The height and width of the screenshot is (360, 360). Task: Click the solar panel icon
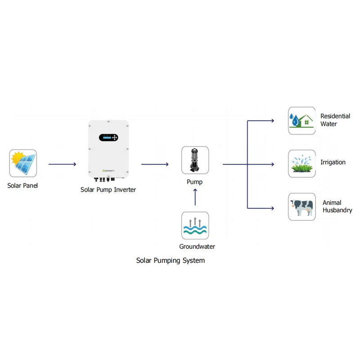click(23, 163)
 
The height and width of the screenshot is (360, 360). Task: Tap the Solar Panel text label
click(22, 185)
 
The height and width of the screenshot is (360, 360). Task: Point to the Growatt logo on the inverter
click(109, 171)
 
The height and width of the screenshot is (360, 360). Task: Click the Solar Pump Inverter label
click(108, 190)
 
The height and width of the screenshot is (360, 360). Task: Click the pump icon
click(195, 160)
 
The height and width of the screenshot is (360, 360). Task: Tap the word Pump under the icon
click(195, 182)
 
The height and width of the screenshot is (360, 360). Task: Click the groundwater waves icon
click(195, 226)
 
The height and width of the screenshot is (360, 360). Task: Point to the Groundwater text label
click(197, 247)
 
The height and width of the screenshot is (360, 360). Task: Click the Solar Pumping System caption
click(171, 261)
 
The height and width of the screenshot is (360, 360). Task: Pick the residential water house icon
click(301, 121)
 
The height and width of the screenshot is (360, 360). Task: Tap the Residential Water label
click(335, 120)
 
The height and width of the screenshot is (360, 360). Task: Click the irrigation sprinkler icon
click(301, 164)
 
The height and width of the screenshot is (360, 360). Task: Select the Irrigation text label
click(333, 162)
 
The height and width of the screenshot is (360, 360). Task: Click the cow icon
click(301, 207)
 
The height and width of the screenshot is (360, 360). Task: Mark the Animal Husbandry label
click(337, 207)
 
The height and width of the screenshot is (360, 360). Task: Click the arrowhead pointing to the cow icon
click(272, 208)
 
